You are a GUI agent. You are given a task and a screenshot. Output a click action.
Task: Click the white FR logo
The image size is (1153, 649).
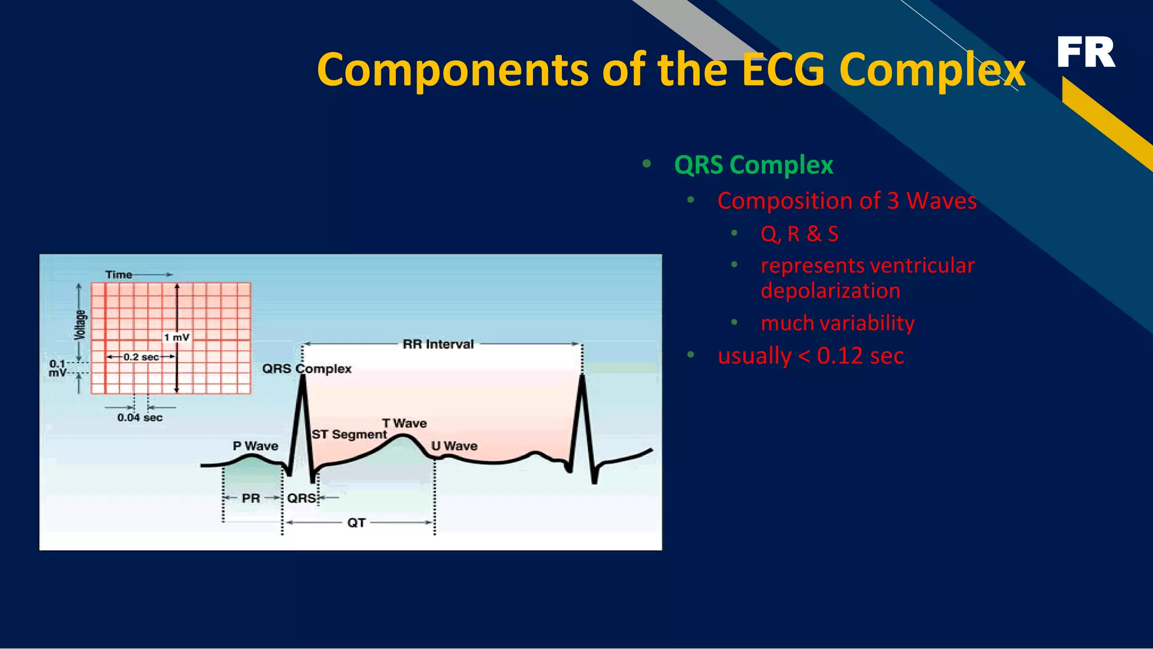pos(1085,52)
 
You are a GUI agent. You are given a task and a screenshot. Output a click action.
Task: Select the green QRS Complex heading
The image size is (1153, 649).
pos(753,165)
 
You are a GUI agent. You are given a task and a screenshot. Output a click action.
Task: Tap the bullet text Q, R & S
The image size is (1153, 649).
pos(799,234)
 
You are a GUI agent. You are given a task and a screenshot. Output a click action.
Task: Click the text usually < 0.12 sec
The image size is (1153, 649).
pos(811,356)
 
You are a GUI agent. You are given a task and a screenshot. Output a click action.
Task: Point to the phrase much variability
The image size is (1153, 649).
pos(837,323)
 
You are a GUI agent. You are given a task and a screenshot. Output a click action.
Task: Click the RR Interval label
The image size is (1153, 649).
pos(438,344)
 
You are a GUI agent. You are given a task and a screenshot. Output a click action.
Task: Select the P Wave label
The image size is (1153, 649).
pos(256,446)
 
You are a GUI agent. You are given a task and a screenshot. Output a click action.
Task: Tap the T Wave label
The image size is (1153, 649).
pos(404,423)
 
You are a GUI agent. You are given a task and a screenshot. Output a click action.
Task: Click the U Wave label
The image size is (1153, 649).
pos(454,446)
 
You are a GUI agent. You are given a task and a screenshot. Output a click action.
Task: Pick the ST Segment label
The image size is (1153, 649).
pos(349,435)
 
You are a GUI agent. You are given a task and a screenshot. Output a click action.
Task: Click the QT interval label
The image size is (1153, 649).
pos(356,523)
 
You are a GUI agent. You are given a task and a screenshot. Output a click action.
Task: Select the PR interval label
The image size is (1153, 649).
pos(251,498)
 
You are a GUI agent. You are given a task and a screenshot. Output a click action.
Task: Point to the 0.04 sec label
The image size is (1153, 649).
pos(140,418)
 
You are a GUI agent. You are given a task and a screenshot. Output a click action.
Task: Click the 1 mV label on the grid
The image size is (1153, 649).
pos(177,337)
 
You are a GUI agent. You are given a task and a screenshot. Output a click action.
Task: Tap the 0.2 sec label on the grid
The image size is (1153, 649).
pos(141,357)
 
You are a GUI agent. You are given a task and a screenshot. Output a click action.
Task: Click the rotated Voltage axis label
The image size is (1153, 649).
pos(81,325)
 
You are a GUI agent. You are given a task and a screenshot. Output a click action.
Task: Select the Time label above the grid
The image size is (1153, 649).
pos(119,275)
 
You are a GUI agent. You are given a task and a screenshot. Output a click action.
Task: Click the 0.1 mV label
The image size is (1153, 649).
pos(57,368)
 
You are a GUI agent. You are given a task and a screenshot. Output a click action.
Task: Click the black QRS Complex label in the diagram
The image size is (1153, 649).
pos(307,369)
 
